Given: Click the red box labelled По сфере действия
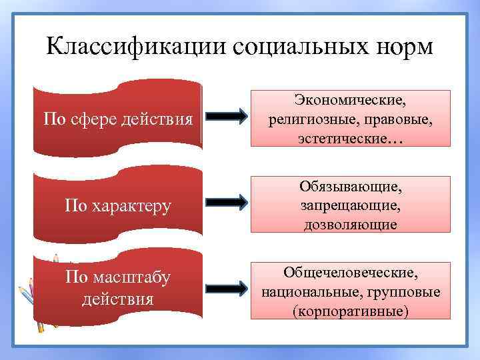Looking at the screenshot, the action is click(x=118, y=119).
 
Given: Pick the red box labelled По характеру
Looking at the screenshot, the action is click(x=118, y=205).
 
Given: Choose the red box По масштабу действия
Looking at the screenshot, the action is click(x=118, y=287).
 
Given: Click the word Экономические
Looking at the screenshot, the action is click(x=351, y=100).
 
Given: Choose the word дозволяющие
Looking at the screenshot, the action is click(x=351, y=225).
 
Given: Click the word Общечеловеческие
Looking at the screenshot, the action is click(x=351, y=273).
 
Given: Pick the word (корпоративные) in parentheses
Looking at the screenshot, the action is click(x=351, y=311).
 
